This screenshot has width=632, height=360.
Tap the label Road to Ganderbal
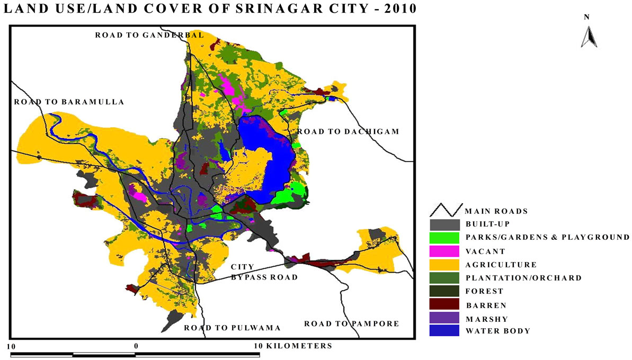149,35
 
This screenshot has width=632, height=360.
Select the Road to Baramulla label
69,102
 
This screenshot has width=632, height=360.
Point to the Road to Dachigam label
348,131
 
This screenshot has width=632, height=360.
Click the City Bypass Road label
263,272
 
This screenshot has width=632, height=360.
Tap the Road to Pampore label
351,323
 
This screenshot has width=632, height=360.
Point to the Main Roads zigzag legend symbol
445,210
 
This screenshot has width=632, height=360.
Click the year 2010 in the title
397,9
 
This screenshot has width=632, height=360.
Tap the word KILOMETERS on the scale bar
300,346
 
